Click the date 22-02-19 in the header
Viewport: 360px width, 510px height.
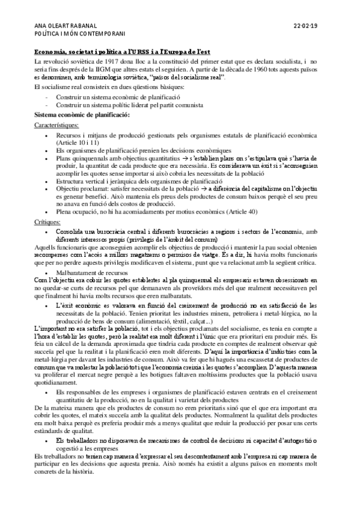point(310,26)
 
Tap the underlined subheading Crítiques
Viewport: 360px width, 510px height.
point(46,222)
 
